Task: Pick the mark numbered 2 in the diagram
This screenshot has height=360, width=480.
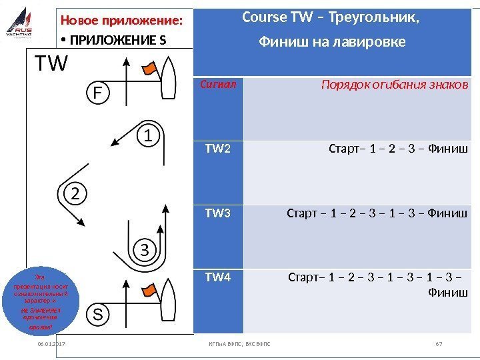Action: (75, 195)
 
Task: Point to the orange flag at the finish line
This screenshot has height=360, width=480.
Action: (150, 66)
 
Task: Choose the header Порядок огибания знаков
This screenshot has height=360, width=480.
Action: (394, 85)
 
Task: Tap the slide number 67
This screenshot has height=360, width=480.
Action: (438, 344)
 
